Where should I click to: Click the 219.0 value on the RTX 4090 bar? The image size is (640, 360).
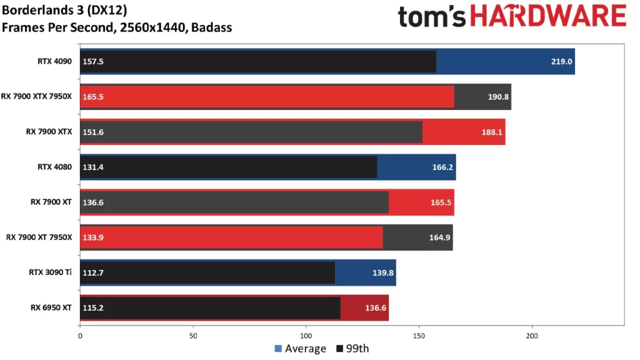click(561, 62)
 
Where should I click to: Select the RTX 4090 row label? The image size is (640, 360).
click(55, 61)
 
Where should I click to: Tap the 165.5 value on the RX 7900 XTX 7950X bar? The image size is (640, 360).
click(92, 97)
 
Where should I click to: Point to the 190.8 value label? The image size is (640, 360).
click(497, 97)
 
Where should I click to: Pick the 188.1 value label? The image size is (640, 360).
click(491, 132)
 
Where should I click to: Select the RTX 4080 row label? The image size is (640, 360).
click(55, 167)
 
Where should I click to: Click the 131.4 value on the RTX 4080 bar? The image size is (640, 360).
click(92, 167)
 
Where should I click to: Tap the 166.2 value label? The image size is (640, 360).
click(442, 167)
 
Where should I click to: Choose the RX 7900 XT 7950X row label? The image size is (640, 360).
click(39, 237)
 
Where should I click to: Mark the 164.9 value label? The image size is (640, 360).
click(439, 237)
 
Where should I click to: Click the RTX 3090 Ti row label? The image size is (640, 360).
click(51, 272)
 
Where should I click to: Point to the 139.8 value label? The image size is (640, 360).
click(382, 272)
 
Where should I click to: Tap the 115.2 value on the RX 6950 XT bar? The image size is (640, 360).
click(92, 308)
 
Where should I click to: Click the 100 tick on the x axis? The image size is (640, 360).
click(306, 336)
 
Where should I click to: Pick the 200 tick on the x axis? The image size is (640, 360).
click(532, 336)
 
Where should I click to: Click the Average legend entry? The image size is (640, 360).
click(301, 349)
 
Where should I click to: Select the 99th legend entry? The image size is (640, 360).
click(354, 349)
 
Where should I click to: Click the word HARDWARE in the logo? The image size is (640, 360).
click(547, 17)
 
